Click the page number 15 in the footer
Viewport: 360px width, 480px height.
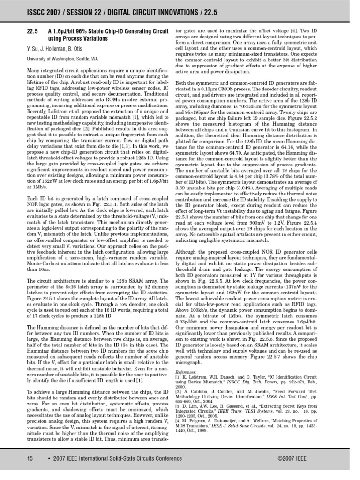coord(30,458)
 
